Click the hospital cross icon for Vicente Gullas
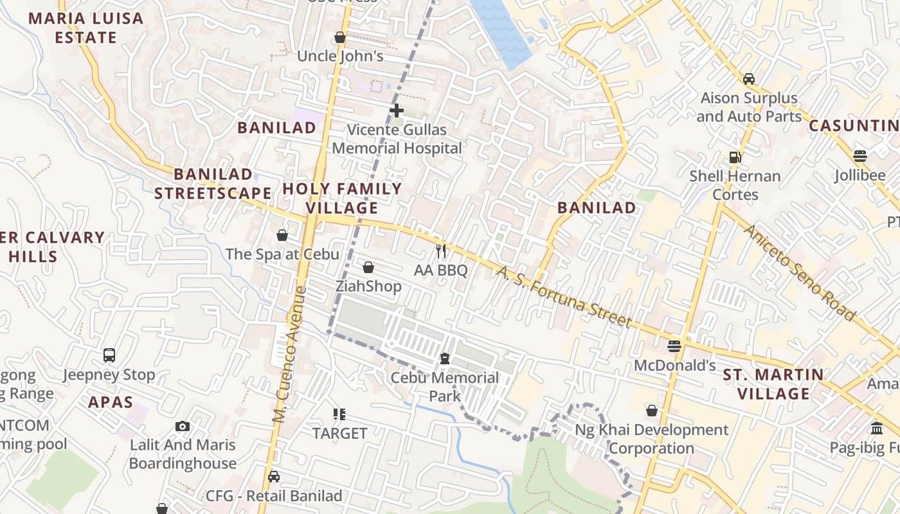397,111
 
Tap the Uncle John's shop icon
340,37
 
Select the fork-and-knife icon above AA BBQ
441,251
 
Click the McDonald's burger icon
674,346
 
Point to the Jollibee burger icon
860,156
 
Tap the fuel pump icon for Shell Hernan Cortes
735,157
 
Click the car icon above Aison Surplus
749,79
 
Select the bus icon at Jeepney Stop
109,355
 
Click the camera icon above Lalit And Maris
183,426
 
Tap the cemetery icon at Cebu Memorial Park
445,358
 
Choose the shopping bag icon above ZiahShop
368,267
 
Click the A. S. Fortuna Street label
563,296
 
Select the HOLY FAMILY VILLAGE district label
342,199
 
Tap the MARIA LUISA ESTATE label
85,28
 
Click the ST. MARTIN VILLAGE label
773,384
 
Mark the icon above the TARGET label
339,414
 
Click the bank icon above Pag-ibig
877,428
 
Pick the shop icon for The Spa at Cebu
282,235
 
